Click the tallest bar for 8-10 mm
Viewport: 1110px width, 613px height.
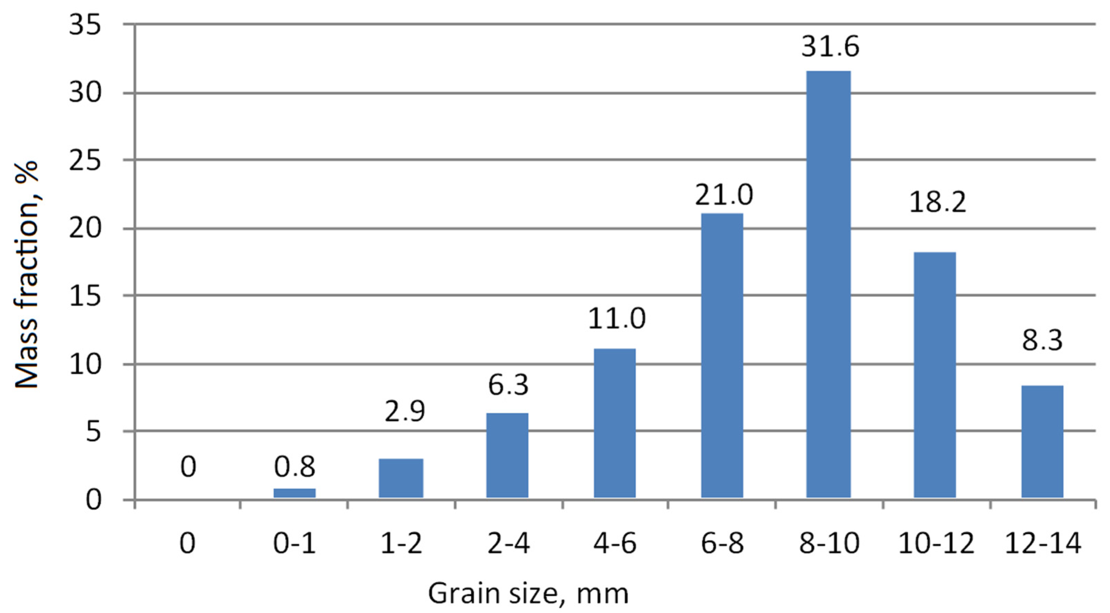(x=828, y=284)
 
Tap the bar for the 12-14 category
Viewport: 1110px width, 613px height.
(x=1042, y=442)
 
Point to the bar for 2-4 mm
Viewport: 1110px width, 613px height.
(x=507, y=455)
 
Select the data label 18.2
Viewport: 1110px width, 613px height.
(x=937, y=202)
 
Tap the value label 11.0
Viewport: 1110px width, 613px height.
(x=617, y=319)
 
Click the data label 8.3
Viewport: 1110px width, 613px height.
(x=1042, y=340)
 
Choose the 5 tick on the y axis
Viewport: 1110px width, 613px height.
(x=93, y=432)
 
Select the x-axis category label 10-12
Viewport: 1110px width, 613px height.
(x=936, y=544)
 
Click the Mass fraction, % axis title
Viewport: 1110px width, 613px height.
(x=27, y=276)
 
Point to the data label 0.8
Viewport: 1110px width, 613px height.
(x=295, y=467)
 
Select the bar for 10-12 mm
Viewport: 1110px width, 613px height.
(x=935, y=375)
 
